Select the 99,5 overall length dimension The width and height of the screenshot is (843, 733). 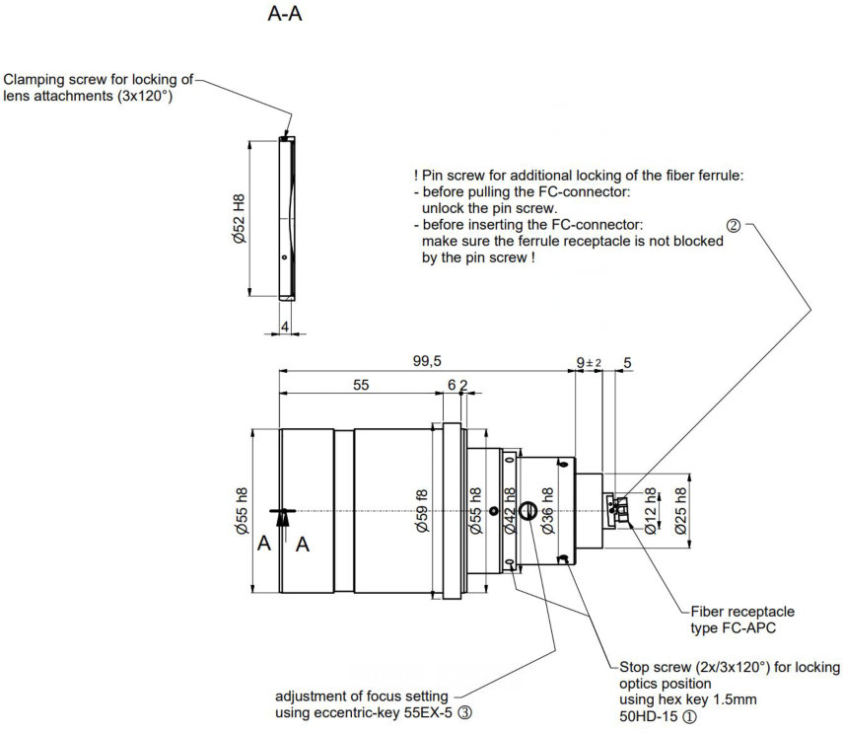(x=426, y=361)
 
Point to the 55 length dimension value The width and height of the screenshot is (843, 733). (x=361, y=386)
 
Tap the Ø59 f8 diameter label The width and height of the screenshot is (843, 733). (x=422, y=511)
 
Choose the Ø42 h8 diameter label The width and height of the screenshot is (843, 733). (x=511, y=511)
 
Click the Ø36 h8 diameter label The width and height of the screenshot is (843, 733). (x=548, y=511)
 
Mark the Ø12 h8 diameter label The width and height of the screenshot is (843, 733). (x=650, y=511)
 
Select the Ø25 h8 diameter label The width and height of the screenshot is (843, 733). (x=680, y=511)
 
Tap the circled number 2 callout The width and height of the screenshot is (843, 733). (x=733, y=225)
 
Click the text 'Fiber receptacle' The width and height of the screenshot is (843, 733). (x=737, y=612)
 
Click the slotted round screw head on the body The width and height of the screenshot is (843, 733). (x=527, y=511)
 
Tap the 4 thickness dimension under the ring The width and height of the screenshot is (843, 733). (x=283, y=326)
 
